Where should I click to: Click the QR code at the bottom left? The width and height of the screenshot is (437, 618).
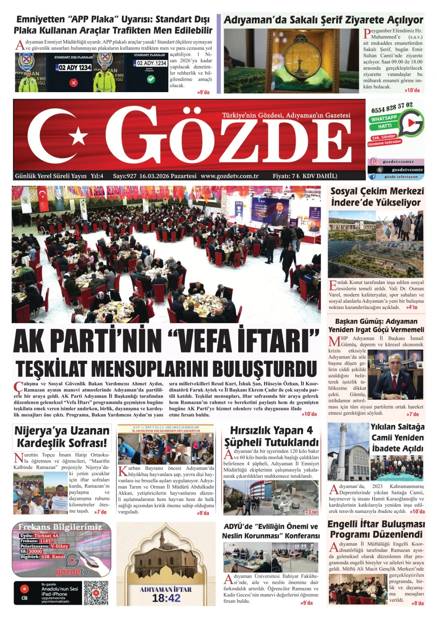(x=96, y=593)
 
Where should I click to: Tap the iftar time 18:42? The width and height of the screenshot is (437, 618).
(x=166, y=598)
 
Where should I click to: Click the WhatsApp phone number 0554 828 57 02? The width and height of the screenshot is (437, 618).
(x=392, y=107)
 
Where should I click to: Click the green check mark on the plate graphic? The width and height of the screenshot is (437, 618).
(x=151, y=79)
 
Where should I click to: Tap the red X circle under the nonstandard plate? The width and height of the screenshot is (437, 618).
(x=73, y=83)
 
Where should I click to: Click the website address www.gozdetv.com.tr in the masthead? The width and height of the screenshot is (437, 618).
(x=229, y=176)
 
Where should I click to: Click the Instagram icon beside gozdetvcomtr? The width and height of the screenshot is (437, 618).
(x=375, y=162)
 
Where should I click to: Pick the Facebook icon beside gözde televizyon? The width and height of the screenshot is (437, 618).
(x=373, y=177)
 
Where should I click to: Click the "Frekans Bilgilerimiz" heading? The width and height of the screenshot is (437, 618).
(x=60, y=527)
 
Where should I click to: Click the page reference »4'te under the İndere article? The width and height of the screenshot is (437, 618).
(x=412, y=307)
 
